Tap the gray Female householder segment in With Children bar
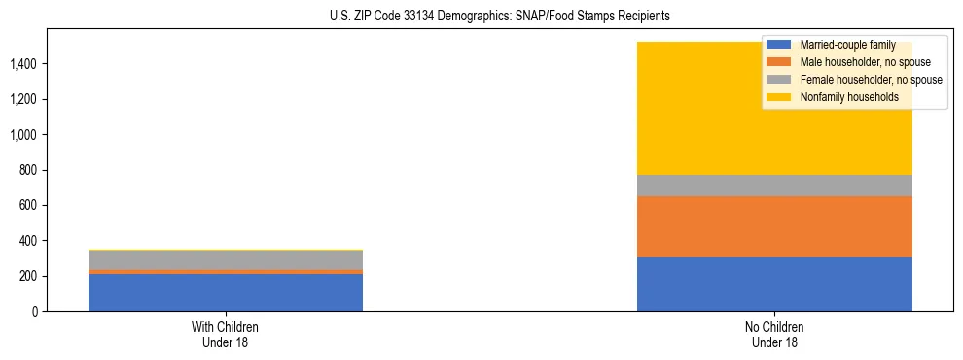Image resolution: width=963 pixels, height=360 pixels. [226, 260]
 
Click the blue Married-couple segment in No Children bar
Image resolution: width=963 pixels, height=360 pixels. [774, 284]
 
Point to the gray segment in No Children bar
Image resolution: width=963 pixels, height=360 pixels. [774, 185]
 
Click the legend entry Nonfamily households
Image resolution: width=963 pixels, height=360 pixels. [848, 97]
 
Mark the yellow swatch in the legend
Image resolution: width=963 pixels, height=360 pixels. [779, 97]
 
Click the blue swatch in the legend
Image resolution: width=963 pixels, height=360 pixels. [779, 45]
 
